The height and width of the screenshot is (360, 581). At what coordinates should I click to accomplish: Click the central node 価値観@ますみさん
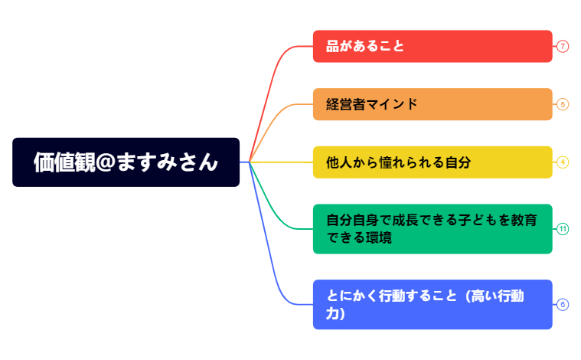click(x=126, y=162)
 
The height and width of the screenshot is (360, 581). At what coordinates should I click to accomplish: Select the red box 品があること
click(x=432, y=46)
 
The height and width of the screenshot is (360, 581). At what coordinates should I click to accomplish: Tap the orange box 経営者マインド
click(x=432, y=104)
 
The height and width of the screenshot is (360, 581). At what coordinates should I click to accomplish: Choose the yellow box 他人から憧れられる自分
click(x=432, y=162)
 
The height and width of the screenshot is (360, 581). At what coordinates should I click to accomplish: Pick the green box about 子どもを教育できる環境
click(x=432, y=228)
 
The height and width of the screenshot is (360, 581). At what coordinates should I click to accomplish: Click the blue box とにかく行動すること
click(x=432, y=304)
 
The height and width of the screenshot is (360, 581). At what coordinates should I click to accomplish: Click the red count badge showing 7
click(x=563, y=46)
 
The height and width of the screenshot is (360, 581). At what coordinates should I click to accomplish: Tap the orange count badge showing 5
click(x=563, y=104)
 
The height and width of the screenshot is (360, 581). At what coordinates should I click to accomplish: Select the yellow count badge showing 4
click(x=563, y=162)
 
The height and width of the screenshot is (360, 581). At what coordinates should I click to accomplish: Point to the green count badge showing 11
click(x=563, y=228)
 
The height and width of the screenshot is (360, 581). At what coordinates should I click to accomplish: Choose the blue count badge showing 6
click(x=563, y=304)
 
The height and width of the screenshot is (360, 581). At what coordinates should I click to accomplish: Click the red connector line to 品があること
click(x=274, y=77)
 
